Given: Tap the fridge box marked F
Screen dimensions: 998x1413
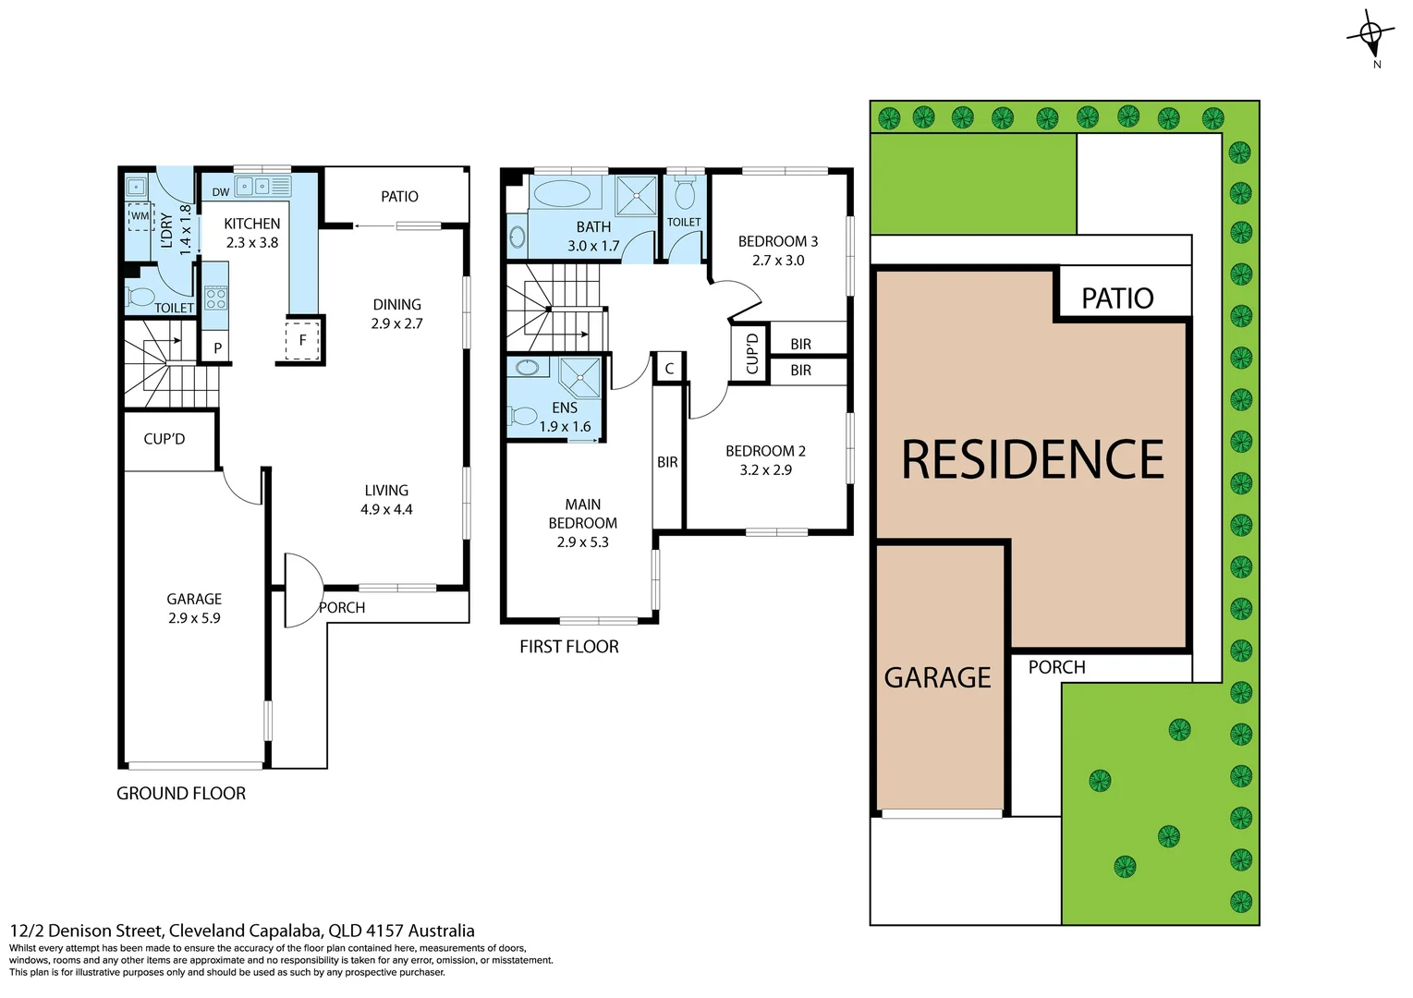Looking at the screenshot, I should coord(302,339).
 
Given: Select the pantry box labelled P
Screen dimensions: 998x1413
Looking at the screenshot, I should coord(217,348).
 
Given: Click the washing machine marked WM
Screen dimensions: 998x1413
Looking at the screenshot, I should coord(140,216).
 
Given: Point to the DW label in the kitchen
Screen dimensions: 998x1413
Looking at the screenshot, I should coord(220,192).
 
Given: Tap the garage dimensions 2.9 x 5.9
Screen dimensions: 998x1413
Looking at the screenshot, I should coord(194,618).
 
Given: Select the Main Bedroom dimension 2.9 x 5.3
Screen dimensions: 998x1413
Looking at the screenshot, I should coord(582,542).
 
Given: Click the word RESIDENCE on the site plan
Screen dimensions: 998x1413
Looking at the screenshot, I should coord(1031,460).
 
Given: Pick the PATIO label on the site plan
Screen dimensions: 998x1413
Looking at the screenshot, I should coord(1116,298).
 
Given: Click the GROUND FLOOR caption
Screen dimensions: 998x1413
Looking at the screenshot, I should coord(181,794).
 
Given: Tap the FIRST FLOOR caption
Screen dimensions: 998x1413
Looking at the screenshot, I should coord(568,647).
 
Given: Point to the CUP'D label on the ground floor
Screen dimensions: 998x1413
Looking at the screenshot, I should coord(164,439).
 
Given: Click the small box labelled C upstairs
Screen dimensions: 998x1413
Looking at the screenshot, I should coord(669,368).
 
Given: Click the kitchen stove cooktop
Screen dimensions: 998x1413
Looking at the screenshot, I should coord(215,298).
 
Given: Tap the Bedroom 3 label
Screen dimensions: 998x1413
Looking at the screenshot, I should coord(777,241).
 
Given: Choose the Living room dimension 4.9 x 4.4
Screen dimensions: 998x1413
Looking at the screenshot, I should coord(386,509).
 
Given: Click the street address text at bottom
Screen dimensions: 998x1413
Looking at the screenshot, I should coord(242,931).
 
